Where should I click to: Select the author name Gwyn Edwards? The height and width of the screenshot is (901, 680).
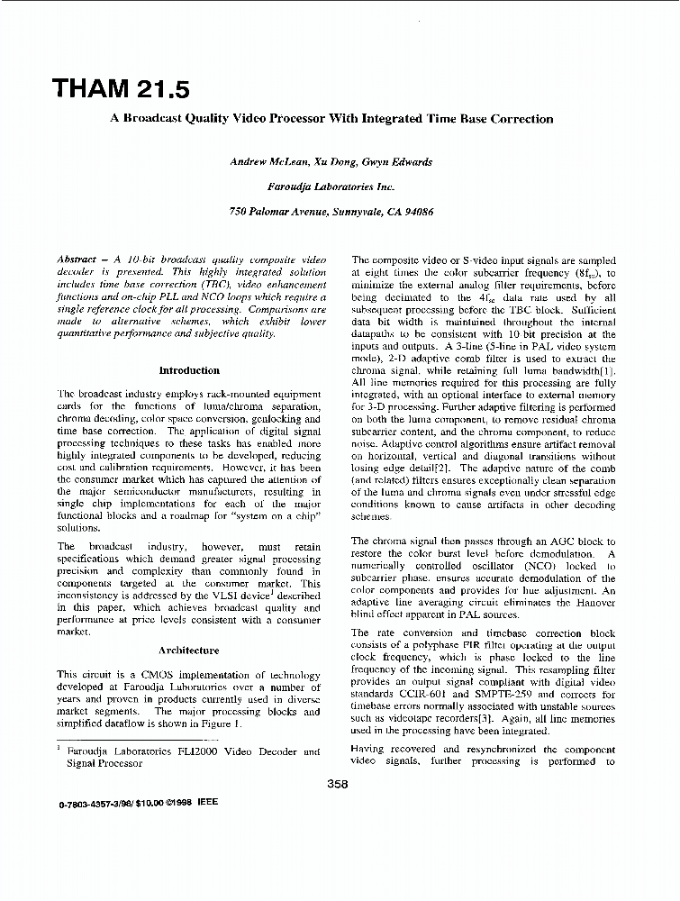coord(398,162)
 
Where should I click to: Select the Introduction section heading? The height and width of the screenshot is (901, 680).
coord(188,370)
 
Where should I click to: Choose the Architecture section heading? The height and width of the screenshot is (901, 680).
coord(188,650)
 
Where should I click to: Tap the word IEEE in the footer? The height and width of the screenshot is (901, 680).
coord(206,802)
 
